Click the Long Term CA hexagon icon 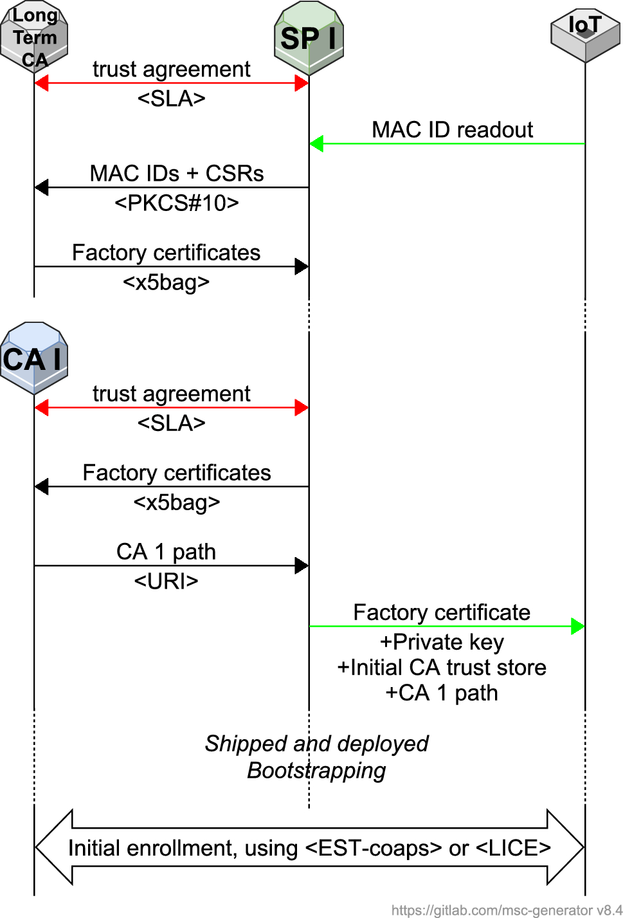pos(34,37)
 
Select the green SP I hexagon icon pos(309,38)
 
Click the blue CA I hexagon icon pos(34,358)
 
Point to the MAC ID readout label pos(452,130)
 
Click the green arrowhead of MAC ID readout pos(316,143)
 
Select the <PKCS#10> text pos(177,203)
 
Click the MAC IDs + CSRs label pos(177,174)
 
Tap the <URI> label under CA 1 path pos(166,582)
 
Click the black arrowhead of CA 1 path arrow pos(302,566)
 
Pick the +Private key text pos(442,642)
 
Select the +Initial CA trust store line pos(442,668)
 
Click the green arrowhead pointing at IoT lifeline pos(577,626)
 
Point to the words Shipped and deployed pos(316,744)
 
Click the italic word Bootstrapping pos(316,771)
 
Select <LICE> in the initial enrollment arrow pos(513,849)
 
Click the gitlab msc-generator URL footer pos(507,910)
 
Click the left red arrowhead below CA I pos(42,407)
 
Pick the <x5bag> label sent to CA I pos(177,502)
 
